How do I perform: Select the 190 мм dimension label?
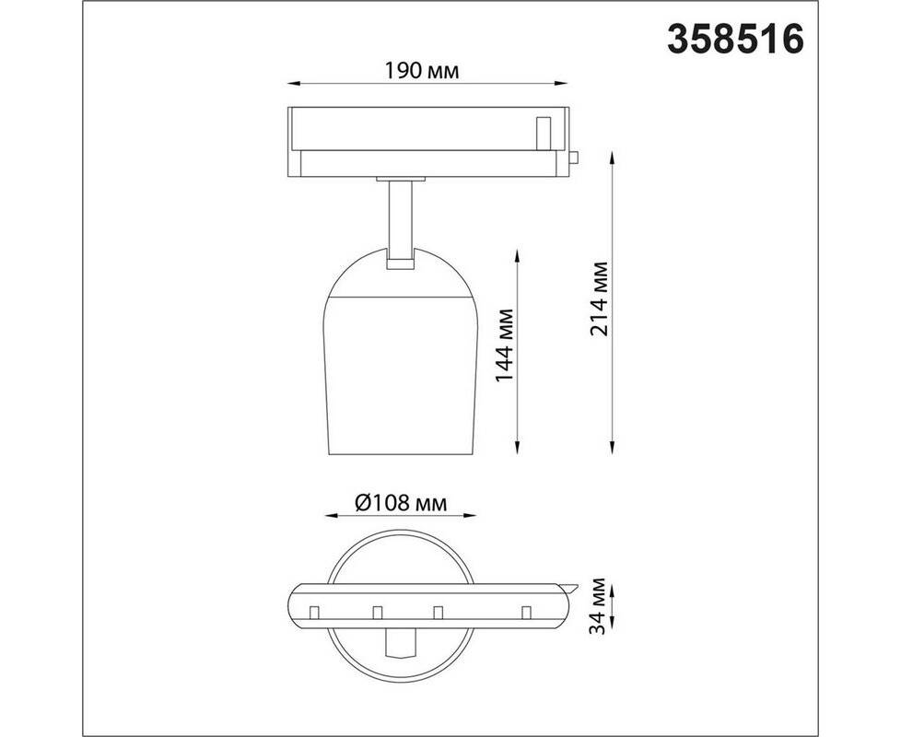pyautogui.click(x=422, y=71)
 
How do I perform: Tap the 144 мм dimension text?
pyautogui.click(x=504, y=345)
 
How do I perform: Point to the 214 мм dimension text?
pyautogui.click(x=600, y=299)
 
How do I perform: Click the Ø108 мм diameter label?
pyautogui.click(x=401, y=504)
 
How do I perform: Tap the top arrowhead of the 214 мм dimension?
pyautogui.click(x=614, y=159)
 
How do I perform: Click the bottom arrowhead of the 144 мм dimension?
pyautogui.click(x=519, y=448)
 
